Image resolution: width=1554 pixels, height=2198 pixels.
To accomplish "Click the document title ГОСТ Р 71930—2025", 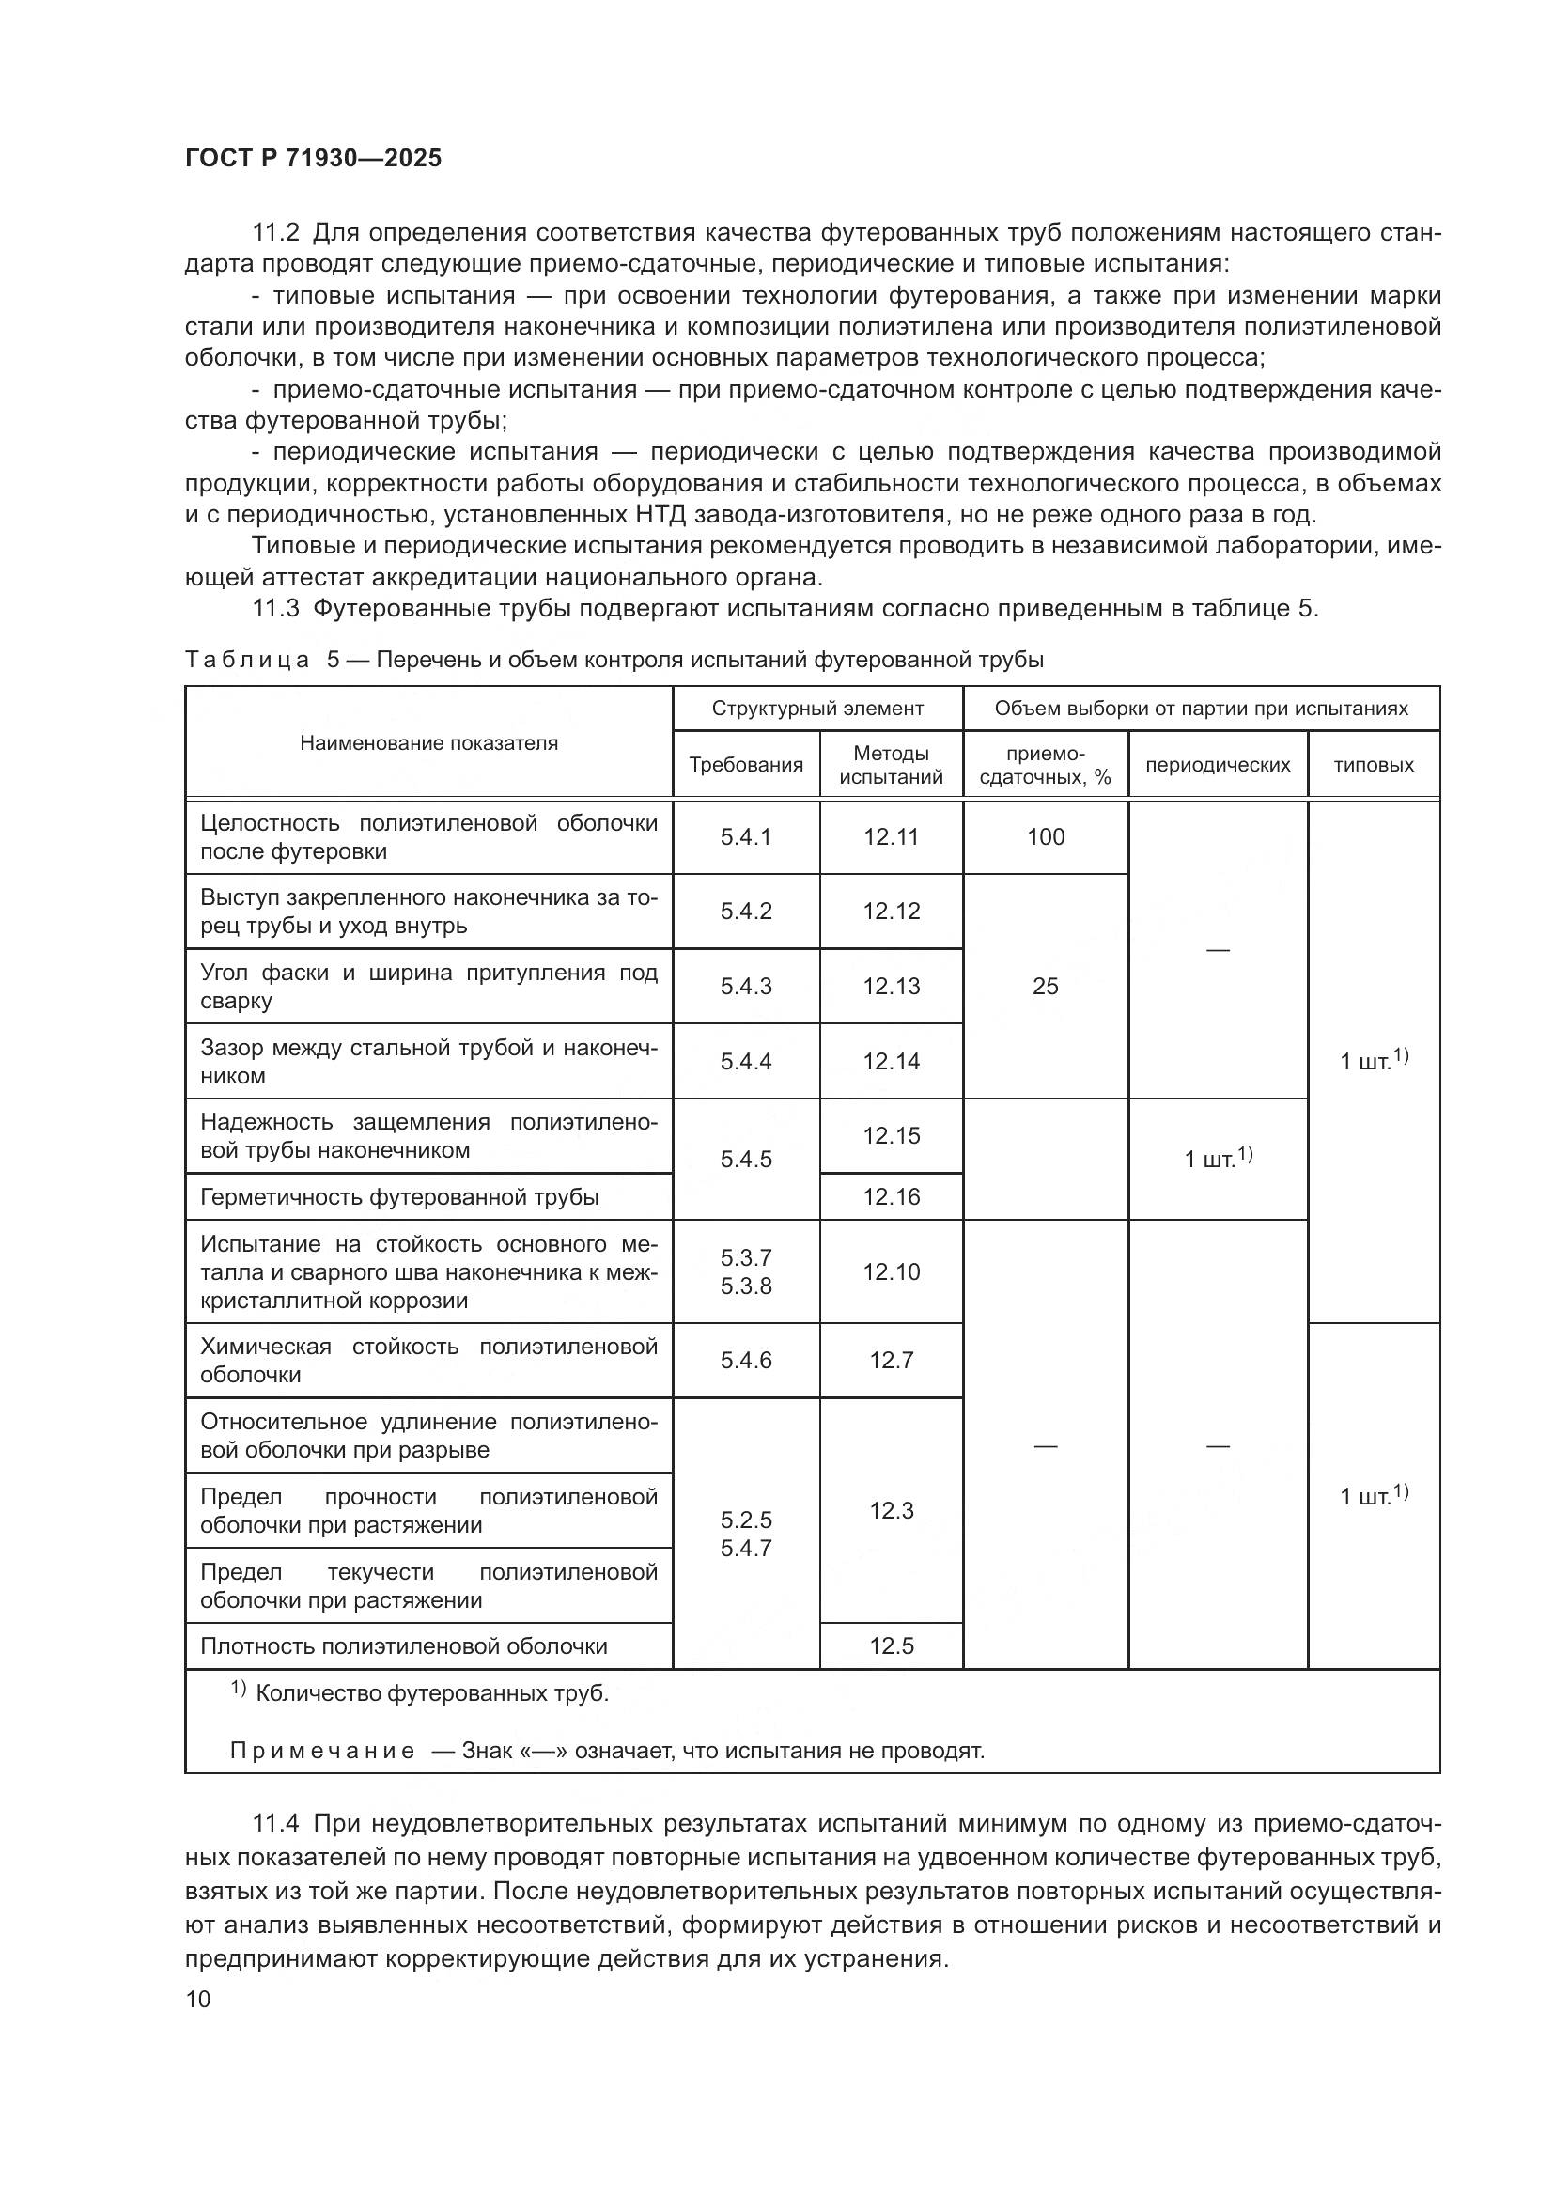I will click(x=313, y=158).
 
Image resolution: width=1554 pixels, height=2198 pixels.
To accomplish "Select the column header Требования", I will click(x=745, y=765).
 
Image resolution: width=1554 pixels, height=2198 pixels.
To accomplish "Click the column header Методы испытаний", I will click(x=891, y=765).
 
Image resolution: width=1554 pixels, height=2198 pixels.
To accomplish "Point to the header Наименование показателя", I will click(x=428, y=743).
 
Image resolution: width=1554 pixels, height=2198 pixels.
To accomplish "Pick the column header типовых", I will click(x=1374, y=765).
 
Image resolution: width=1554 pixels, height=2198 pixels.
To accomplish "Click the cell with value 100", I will click(x=1045, y=836).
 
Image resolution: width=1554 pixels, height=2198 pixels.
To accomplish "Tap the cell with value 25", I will click(x=1045, y=986).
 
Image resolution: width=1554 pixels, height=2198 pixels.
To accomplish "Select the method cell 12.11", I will click(x=891, y=836).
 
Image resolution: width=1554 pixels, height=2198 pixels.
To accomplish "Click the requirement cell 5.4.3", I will click(x=745, y=986).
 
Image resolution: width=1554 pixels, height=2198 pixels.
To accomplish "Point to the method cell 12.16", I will click(x=891, y=1196).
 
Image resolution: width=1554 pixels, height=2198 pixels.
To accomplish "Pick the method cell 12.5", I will click(x=891, y=1645).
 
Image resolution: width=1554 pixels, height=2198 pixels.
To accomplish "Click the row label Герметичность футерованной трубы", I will click(x=399, y=1196).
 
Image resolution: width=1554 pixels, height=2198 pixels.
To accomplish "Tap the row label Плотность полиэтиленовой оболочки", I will click(x=403, y=1645).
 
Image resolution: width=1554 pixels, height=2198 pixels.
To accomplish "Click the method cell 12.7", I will click(x=891, y=1361).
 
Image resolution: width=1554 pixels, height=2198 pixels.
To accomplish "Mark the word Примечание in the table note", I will click(x=322, y=1751).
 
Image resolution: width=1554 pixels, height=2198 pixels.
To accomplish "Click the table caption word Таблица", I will click(x=247, y=660).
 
